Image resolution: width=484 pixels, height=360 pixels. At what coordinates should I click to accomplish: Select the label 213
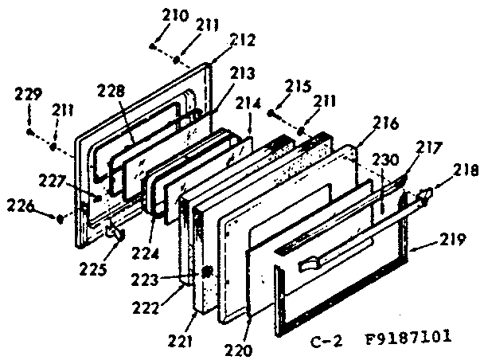pyautogui.click(x=242, y=72)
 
